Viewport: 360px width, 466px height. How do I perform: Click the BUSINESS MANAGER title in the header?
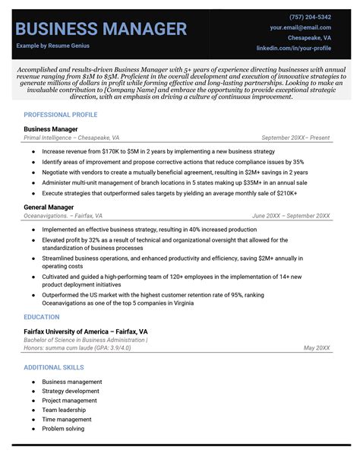point(101,29)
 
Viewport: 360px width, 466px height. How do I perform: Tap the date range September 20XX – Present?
point(295,138)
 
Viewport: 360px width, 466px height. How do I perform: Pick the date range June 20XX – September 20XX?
point(291,216)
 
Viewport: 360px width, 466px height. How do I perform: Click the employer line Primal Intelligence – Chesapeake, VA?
point(71,138)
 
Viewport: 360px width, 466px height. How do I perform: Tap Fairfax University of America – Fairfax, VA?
point(86,332)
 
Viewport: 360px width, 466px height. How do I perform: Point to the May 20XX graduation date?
point(317,347)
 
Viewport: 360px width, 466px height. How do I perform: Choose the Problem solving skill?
point(64,429)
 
